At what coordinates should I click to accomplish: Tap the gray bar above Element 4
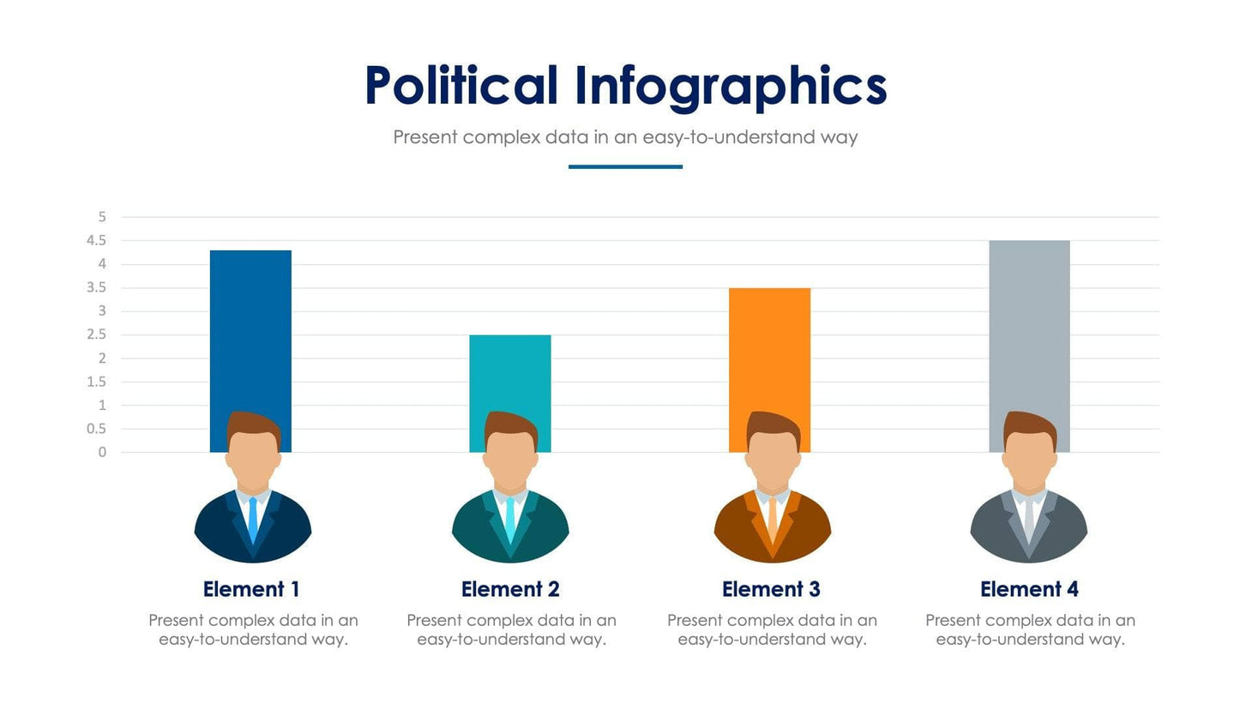pyautogui.click(x=1029, y=326)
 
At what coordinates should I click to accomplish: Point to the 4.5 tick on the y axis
pyautogui.click(x=96, y=241)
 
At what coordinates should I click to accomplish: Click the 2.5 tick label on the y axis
pyautogui.click(x=96, y=335)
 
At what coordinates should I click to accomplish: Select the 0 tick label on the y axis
pyautogui.click(x=102, y=453)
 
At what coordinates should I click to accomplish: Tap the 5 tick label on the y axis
pyautogui.click(x=102, y=217)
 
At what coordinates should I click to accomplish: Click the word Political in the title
pyautogui.click(x=460, y=87)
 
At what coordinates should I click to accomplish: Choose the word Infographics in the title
pyautogui.click(x=731, y=87)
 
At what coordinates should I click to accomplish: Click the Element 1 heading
pyautogui.click(x=251, y=590)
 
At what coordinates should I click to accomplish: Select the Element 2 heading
pyautogui.click(x=510, y=590)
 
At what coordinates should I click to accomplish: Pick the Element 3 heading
pyautogui.click(x=771, y=590)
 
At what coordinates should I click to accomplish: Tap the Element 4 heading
pyautogui.click(x=1029, y=590)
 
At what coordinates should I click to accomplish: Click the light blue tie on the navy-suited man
pyautogui.click(x=253, y=518)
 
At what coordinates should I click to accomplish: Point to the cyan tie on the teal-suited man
pyautogui.click(x=510, y=518)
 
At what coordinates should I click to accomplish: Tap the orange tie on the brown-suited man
pyautogui.click(x=773, y=518)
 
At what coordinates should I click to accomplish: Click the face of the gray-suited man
pyautogui.click(x=1029, y=459)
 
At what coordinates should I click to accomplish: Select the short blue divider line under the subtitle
pyautogui.click(x=625, y=166)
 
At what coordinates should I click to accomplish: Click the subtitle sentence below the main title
pyautogui.click(x=625, y=137)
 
